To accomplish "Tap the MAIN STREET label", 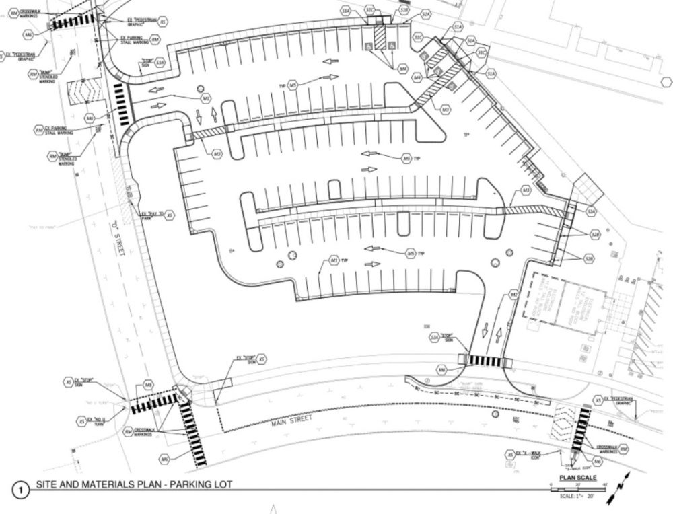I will click(x=287, y=424).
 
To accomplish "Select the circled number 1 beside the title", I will click(x=21, y=490).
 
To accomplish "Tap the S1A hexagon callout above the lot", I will click(x=346, y=11).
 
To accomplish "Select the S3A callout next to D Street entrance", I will click(x=160, y=63).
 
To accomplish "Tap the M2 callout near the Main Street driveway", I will click(x=513, y=294).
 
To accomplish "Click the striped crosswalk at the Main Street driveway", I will click(x=485, y=361).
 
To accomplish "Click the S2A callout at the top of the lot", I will click(x=425, y=14).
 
